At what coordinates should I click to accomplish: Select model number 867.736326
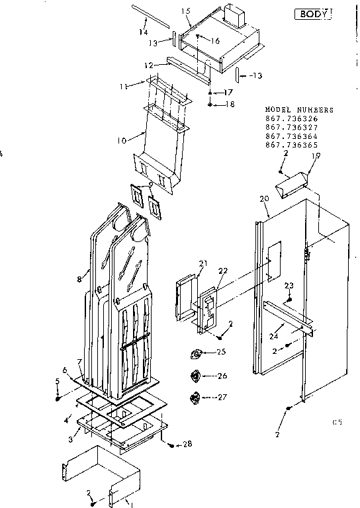[291, 119]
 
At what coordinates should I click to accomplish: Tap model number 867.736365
[291, 145]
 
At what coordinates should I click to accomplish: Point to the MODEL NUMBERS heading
[299, 110]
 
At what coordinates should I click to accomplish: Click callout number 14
[143, 32]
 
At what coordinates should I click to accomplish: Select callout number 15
[186, 12]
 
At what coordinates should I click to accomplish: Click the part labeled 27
[197, 397]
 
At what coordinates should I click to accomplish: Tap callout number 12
[150, 65]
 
